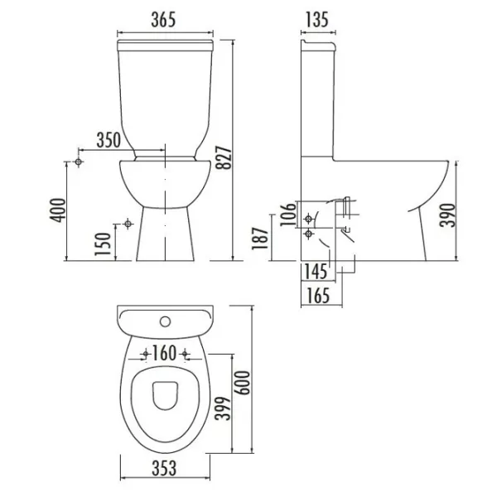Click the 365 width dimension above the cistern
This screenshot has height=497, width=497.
pos(163,20)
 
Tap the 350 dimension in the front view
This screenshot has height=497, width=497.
pos(109,140)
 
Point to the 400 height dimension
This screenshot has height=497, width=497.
pos(58,210)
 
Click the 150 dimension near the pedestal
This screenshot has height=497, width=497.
pos(103,244)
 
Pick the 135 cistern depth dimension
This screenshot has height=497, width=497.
pos(317,20)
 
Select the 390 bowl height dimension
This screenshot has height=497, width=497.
pos(447,215)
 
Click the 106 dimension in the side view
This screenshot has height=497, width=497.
pos(287,215)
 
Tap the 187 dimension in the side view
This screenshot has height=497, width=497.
pos(260,239)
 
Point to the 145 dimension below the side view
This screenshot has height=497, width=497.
pos(316,272)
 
